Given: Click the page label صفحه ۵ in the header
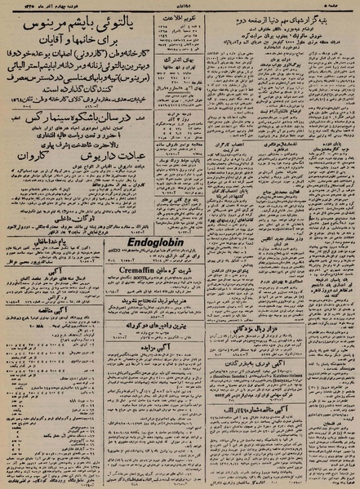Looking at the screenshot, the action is (x=338, y=5).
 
